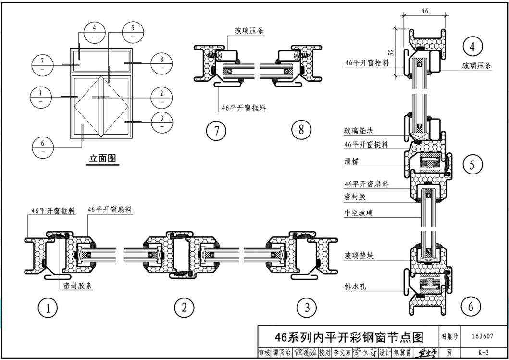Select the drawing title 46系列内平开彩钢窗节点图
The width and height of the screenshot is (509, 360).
tap(348, 336)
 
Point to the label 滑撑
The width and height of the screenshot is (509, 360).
tap(351, 162)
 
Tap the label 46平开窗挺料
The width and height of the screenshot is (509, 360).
tap(366, 144)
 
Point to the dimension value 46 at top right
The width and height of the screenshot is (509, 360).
tap(424, 11)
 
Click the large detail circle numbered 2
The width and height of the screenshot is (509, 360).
tap(184, 308)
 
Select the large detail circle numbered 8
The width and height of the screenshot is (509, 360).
tap(301, 130)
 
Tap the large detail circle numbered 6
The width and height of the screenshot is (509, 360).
tap(471, 306)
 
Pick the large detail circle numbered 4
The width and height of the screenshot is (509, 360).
tap(472, 47)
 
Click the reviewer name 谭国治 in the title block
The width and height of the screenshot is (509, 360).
tap(282, 353)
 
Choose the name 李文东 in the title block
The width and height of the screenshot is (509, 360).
tap(342, 353)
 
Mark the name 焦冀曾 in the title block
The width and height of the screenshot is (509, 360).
tap(402, 353)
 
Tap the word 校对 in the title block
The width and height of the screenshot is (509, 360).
tap(325, 353)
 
